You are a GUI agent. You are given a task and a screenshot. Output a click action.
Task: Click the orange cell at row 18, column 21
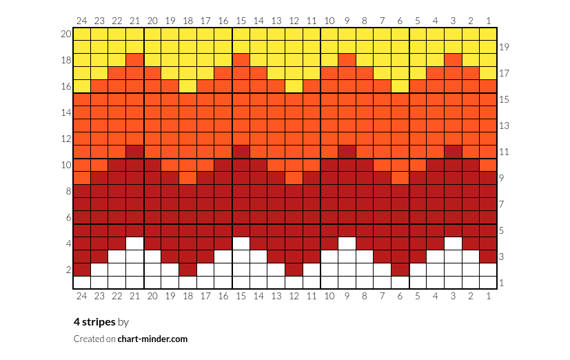(x=135, y=60)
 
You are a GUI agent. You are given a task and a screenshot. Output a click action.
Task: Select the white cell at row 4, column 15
(x=241, y=243)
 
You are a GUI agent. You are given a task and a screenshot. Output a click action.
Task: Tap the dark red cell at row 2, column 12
(x=294, y=270)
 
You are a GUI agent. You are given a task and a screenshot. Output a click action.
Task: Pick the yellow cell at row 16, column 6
(x=400, y=86)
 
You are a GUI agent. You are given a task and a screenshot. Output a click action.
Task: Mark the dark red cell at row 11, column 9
(x=347, y=152)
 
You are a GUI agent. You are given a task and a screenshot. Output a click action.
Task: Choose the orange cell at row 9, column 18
(x=188, y=178)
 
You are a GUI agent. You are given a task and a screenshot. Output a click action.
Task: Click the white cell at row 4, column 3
(x=453, y=243)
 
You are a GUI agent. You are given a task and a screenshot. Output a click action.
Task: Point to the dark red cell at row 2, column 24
(x=82, y=270)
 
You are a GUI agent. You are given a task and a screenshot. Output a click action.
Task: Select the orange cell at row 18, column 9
(x=347, y=60)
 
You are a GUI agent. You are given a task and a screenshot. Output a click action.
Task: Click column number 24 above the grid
(x=82, y=21)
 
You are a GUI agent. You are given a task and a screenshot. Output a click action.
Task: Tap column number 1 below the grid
(x=488, y=296)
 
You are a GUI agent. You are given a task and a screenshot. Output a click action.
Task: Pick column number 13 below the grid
(x=276, y=296)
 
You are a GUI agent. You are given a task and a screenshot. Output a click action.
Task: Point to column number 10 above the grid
(x=329, y=21)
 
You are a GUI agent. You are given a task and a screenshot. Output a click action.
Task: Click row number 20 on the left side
(x=66, y=34)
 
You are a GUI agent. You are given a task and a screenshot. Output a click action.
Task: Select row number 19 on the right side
(x=504, y=47)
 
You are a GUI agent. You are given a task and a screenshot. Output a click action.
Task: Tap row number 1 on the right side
(x=502, y=283)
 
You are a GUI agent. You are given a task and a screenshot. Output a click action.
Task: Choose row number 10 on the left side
(x=66, y=165)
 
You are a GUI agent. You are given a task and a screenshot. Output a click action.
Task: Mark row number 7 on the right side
(x=502, y=204)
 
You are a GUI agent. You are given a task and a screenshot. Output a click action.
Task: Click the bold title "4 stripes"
(x=94, y=322)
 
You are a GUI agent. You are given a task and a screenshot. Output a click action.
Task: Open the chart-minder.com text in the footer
(x=152, y=339)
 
